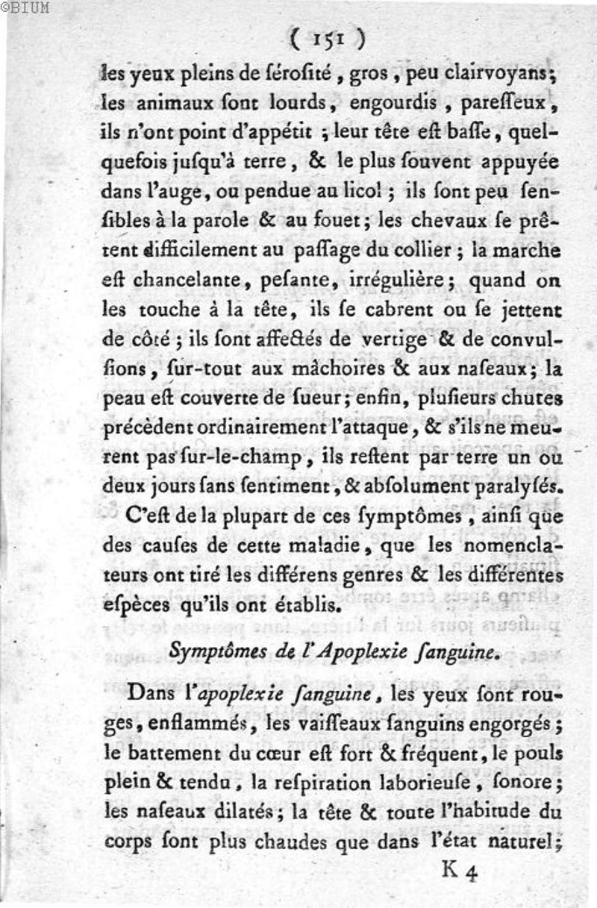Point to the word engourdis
387,101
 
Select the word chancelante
187,279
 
